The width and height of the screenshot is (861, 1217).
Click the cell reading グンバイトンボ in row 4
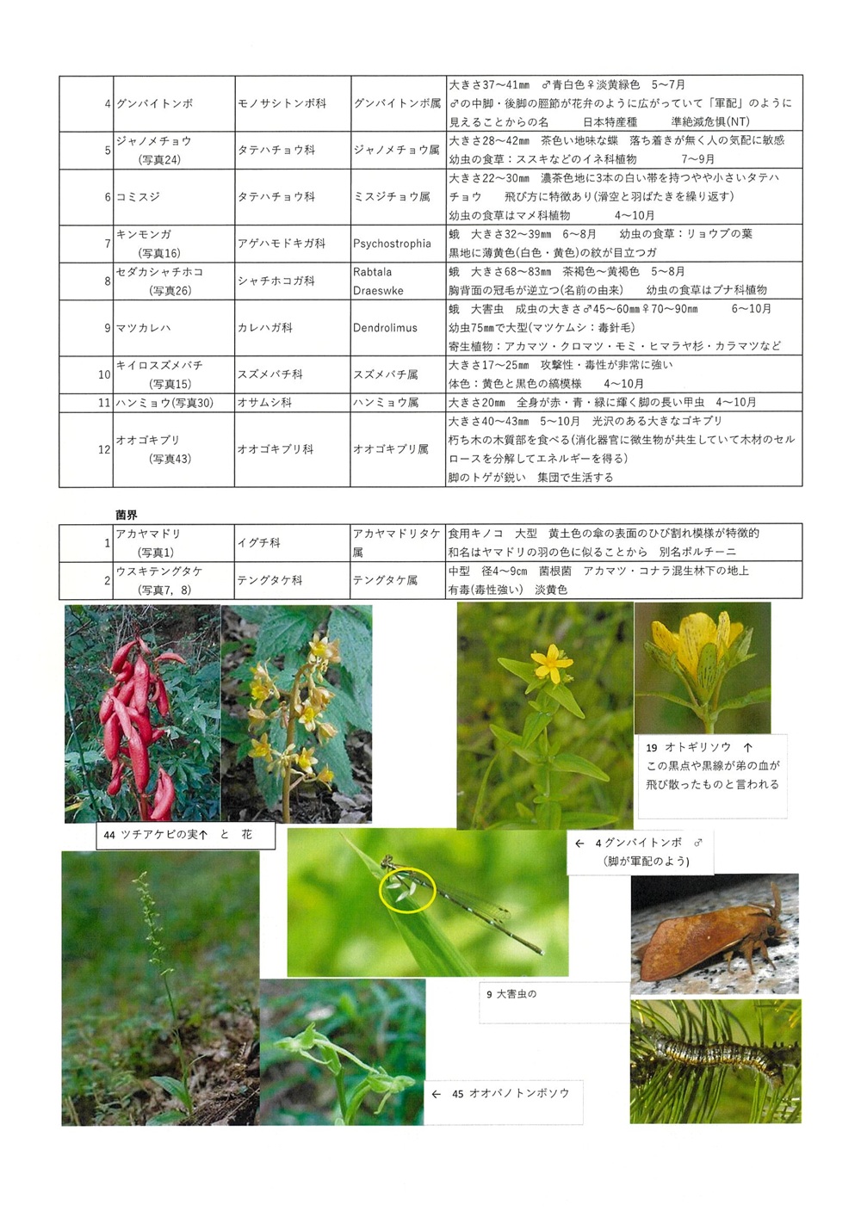point(155,103)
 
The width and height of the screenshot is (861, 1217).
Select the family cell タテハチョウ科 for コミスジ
point(276,197)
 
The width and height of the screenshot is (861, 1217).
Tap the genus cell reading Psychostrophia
point(392,244)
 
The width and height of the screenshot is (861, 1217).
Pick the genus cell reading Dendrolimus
point(385,328)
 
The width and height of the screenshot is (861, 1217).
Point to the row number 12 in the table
point(104,449)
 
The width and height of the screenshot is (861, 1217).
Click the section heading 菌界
point(127,515)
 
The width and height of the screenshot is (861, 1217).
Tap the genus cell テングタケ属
point(385,581)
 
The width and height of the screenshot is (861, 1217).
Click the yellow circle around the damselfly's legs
point(407,890)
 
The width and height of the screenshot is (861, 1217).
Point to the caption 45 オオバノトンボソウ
point(510,1094)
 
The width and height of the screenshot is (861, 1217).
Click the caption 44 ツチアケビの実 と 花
point(177,835)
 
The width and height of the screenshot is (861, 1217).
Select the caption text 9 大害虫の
point(511,994)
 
